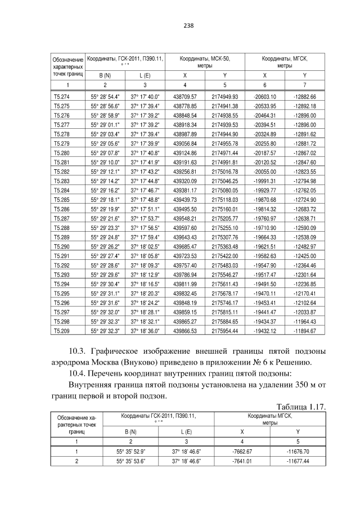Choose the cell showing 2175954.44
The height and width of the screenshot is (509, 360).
(x=224, y=331)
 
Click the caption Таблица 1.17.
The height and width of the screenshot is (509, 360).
(x=302, y=407)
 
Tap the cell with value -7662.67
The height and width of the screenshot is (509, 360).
(x=242, y=451)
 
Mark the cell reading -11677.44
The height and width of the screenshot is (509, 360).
(x=298, y=460)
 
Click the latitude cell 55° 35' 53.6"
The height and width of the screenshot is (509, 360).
(x=130, y=460)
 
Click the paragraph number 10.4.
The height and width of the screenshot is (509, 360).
(x=76, y=373)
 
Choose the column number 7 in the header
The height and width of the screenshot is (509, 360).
(x=304, y=84)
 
